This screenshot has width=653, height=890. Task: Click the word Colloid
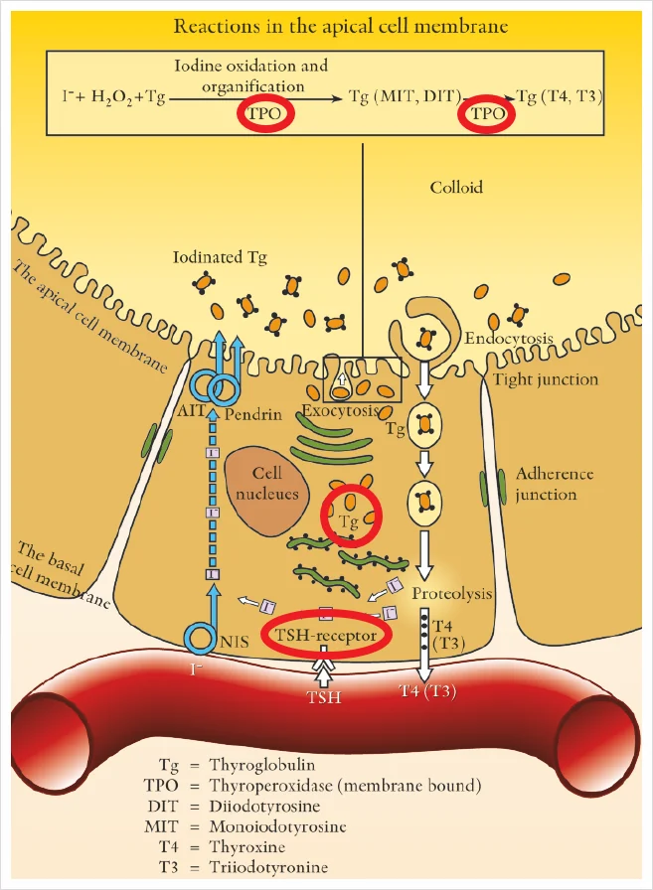(x=456, y=188)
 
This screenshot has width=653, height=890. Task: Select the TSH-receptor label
(x=326, y=635)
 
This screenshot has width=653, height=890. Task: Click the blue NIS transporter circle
(x=201, y=637)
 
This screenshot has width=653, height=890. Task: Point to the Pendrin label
(x=253, y=414)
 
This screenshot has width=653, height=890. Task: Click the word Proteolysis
(x=451, y=594)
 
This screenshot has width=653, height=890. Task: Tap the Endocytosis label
(x=508, y=339)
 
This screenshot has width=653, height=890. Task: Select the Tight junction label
(x=545, y=379)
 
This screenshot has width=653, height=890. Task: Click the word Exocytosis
(x=340, y=410)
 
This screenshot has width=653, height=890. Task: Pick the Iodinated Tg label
(x=220, y=257)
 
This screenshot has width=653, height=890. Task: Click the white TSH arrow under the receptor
(x=324, y=668)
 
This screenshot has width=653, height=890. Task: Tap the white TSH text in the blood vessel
(x=324, y=696)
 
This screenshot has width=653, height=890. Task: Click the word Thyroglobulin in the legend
(x=261, y=765)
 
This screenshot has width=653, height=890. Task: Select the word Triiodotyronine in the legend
(x=268, y=867)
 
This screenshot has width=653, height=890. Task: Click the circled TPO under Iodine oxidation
(x=265, y=113)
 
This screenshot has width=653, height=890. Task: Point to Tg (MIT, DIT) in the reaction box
(x=405, y=96)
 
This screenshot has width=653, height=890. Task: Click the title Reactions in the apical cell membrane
(x=340, y=26)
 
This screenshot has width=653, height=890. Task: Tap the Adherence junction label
(x=555, y=484)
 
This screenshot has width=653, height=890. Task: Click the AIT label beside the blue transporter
(x=190, y=410)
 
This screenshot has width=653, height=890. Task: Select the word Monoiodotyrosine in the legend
(x=277, y=825)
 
